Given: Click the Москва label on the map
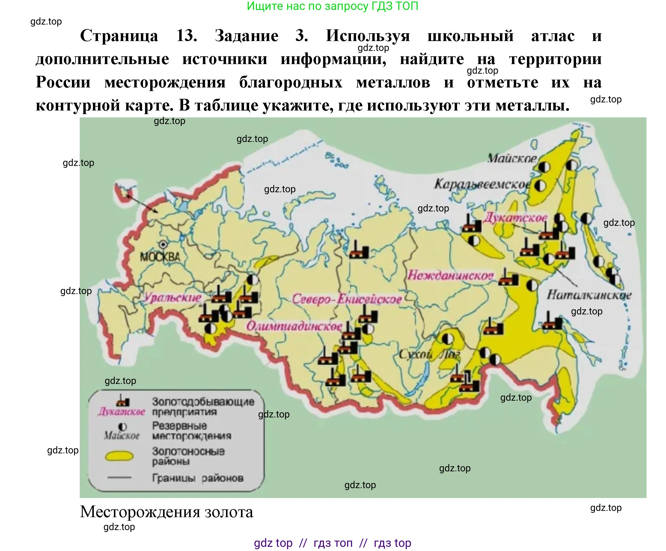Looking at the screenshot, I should point(160,256).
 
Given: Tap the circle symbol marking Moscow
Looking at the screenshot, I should point(163,244).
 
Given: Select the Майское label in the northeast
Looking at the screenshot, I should point(512,158).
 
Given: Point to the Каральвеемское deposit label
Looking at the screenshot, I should point(481,184).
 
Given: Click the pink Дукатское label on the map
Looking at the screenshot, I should point(515,217).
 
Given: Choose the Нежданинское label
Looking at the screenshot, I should point(450,275).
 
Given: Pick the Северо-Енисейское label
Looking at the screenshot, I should point(346,299).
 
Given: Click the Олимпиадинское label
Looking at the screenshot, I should point(294,326).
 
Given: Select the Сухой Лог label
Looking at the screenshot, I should point(429,354).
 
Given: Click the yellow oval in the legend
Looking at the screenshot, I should point(119,456).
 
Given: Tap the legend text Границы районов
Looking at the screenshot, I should point(198,478).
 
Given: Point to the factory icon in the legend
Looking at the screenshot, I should point(122,401).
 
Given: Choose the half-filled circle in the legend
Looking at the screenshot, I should point(122,427).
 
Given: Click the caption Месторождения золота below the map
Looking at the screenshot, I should point(167,512).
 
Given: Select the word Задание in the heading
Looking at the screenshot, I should point(246,36).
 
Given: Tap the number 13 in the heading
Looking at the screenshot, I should point(186,36).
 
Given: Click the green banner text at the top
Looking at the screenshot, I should point(332,6).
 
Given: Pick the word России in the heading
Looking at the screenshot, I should point(63,82).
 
